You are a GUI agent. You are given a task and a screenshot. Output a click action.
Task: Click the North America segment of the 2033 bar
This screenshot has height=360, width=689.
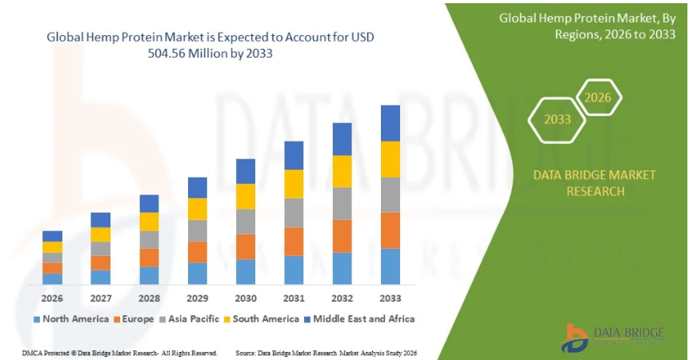[390, 266]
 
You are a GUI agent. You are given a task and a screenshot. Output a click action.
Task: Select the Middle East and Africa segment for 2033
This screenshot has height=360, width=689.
[390, 123]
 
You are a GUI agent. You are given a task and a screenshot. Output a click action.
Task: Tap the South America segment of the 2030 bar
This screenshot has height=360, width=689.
[246, 197]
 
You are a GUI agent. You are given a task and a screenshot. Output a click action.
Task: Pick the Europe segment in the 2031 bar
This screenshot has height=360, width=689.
[294, 242]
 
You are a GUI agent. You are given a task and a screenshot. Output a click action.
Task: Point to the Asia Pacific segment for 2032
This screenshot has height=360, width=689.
[342, 203]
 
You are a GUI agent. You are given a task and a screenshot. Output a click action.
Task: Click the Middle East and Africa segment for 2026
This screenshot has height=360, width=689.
[53, 236]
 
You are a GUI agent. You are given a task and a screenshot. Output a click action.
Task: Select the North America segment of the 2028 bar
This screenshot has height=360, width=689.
[150, 275]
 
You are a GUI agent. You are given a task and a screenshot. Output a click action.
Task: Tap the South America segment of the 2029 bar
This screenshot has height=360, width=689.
[198, 209]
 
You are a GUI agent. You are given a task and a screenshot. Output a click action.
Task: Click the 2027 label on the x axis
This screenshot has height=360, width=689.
[101, 298]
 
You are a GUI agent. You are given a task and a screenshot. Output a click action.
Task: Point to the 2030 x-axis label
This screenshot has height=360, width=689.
[246, 298]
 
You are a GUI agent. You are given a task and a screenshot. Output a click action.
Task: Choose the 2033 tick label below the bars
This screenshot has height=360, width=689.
[390, 298]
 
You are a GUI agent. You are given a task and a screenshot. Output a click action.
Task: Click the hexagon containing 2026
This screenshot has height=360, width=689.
[598, 98]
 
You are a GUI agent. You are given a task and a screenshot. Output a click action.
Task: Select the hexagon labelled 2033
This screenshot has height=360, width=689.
[558, 119]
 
